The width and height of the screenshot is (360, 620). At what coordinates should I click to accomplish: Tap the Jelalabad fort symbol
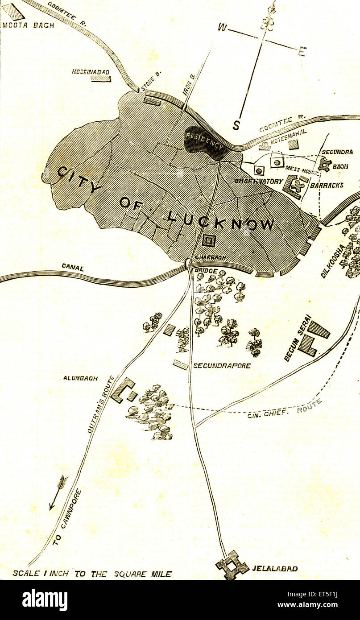coord(232,565)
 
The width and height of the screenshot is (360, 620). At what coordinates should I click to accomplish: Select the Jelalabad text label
coord(275,569)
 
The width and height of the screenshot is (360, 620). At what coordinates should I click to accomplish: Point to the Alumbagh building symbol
coord(124,390)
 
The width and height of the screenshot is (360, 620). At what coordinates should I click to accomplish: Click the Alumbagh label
coord(80,378)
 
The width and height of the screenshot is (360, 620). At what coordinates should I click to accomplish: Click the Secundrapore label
coord(222,366)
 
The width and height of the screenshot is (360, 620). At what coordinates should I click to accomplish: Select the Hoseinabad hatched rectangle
coord(100,79)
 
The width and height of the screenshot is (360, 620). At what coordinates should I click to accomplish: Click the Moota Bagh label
coord(28,25)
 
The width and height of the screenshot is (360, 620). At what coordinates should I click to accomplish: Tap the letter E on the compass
coord(302,51)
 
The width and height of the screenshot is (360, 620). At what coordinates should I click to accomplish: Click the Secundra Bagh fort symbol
coord(325,165)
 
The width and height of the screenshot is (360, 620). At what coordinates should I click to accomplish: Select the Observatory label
coord(259,182)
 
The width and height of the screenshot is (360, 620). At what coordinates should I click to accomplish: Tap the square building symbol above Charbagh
coord(209,240)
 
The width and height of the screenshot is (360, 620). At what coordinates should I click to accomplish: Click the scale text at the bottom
coord(92,574)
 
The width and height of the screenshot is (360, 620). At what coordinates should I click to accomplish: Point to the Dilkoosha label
coord(333,261)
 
